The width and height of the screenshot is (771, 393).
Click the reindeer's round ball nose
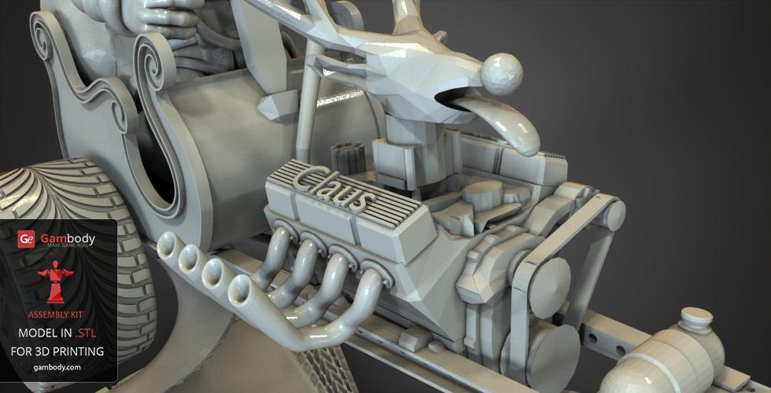(x=501, y=73)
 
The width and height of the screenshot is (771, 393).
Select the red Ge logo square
(x=26, y=239)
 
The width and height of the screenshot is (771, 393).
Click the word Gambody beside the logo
(x=68, y=238)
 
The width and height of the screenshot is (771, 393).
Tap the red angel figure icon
(x=55, y=282)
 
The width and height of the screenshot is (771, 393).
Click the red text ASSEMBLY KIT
(x=55, y=315)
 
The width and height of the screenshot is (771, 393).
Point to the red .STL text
(x=86, y=333)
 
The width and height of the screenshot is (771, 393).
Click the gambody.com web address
(x=57, y=368)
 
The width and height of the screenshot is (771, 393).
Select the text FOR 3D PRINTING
(x=57, y=352)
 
